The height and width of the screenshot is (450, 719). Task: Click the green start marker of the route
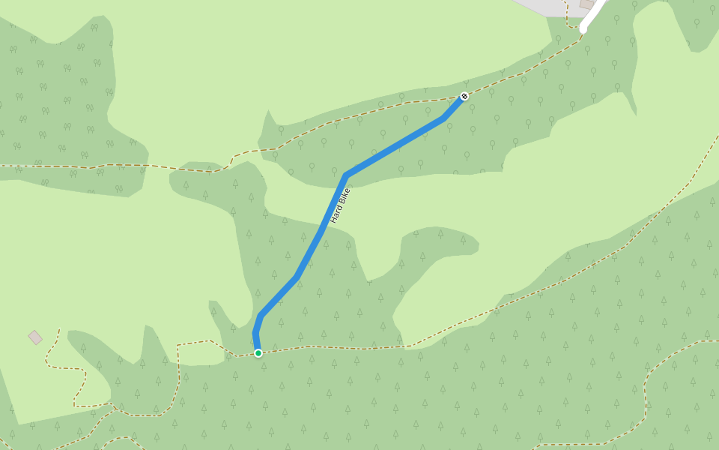(258, 352)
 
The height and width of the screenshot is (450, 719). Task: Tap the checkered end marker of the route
(464, 96)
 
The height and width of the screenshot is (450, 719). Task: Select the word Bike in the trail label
(344, 196)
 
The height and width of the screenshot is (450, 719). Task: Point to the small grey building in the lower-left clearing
(35, 337)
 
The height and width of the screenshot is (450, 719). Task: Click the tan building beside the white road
(587, 4)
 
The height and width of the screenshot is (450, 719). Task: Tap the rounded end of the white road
(583, 29)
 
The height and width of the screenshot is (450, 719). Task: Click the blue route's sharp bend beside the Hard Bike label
(346, 175)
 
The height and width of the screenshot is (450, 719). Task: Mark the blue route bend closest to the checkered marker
(445, 118)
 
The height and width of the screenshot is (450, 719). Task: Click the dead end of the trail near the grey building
(59, 328)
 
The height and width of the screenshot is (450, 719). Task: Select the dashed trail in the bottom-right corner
(674, 352)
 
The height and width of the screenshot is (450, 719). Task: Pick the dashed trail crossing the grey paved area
(567, 9)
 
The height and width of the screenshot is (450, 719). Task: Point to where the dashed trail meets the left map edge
(1, 165)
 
